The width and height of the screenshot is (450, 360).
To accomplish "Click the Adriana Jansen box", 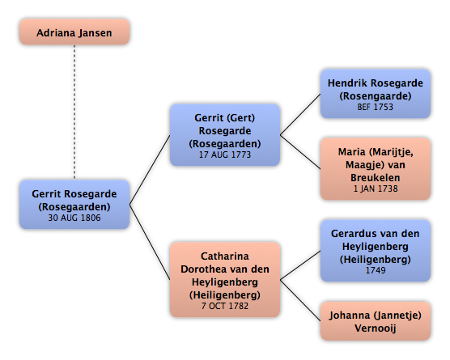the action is point(74,32).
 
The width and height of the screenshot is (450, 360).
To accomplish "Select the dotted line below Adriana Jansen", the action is point(74,112).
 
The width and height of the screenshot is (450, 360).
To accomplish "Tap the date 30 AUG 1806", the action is point(74,218).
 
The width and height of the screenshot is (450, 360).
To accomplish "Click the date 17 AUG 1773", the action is point(225,155).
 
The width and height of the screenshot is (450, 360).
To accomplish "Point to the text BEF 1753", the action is point(375,107).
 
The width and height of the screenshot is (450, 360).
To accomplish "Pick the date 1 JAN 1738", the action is point(376,188).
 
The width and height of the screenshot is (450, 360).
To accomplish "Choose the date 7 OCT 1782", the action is point(225,306).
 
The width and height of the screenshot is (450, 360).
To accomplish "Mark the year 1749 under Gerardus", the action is point(376,270).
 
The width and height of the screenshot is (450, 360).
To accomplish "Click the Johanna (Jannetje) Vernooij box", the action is point(376,321).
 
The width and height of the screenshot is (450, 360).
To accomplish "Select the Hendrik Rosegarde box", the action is point(376,94).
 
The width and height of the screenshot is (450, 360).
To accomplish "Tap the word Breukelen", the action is point(376,177).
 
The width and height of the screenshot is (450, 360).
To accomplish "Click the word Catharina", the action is point(225,256).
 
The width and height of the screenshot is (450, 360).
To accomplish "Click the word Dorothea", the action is point(201,269).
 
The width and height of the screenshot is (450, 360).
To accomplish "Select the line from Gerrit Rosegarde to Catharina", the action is point(150,242).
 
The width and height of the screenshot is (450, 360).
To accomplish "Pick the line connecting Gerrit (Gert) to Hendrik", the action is point(300,114).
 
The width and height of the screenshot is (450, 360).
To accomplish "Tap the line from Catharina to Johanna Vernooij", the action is point(300,300).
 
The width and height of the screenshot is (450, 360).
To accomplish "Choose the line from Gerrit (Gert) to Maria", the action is point(300,152).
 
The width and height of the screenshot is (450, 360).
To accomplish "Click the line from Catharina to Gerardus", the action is point(300,265).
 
